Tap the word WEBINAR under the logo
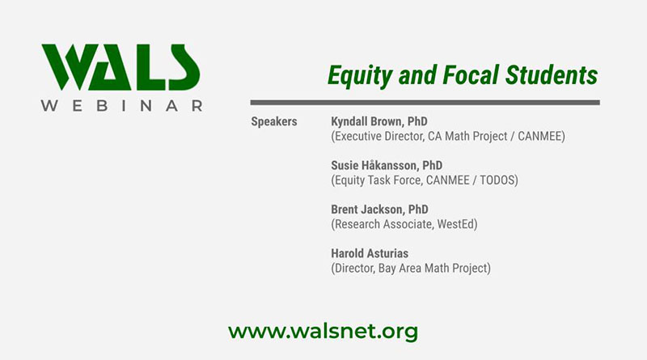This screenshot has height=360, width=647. [x=121, y=106]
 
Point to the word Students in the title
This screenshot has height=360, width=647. [x=552, y=75]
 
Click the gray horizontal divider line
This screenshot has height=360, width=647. [x=425, y=103]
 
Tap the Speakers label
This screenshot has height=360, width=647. [x=274, y=121]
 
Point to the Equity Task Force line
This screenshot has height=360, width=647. [x=424, y=180]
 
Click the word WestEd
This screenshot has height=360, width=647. [x=450, y=224]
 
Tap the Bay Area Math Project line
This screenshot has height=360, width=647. [x=411, y=268]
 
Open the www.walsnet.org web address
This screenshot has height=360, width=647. [x=323, y=331]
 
